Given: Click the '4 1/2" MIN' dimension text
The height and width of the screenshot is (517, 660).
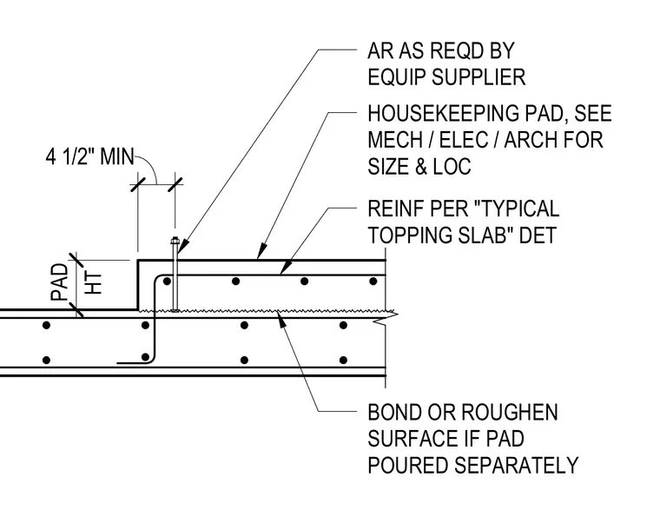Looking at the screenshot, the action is [89, 156].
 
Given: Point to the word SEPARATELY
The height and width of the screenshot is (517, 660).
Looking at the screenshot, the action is [517, 465].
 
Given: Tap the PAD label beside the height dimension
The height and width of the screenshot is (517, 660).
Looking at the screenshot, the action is [59, 282].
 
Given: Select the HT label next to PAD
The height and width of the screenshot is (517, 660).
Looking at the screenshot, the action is [94, 283].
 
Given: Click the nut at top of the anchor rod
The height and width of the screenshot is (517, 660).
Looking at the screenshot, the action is [175, 242].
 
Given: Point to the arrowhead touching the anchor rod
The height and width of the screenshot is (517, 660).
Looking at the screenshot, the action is [181, 249].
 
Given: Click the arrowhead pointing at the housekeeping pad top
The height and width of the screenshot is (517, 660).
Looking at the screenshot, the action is [262, 251].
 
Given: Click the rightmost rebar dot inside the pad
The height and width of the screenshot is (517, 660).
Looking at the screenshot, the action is [373, 282].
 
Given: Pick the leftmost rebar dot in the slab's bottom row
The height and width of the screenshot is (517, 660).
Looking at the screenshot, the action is [47, 361].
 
